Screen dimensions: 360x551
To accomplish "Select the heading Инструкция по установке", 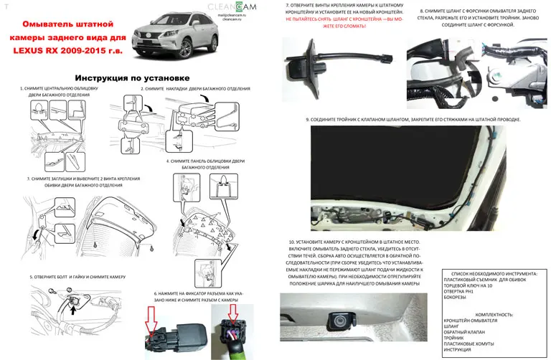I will [x=132, y=77].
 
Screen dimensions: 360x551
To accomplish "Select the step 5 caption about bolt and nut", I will [x=77, y=276].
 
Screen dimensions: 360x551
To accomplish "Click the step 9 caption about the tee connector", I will [x=413, y=119].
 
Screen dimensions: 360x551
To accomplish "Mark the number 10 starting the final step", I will [x=291, y=242].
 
